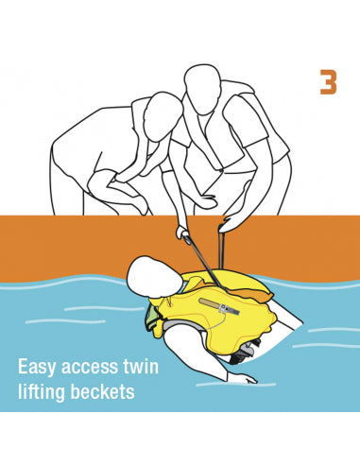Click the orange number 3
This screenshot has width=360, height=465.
click(328, 82)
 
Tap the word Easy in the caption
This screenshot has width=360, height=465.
click(38, 367)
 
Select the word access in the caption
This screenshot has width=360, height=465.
click(87, 368)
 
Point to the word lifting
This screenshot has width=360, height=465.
click(42, 392)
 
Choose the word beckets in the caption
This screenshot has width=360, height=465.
click(102, 391)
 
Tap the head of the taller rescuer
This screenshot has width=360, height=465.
click(202, 89)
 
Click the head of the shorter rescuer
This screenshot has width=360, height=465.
click(163, 115)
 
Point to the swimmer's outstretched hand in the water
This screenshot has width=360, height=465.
click(247, 378)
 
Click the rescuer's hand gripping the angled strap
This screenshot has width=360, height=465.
click(183, 232)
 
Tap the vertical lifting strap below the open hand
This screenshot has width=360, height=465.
click(221, 249)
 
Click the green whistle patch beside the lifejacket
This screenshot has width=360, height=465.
click(150, 319)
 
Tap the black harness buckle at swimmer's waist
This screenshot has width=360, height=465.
click(242, 353)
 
